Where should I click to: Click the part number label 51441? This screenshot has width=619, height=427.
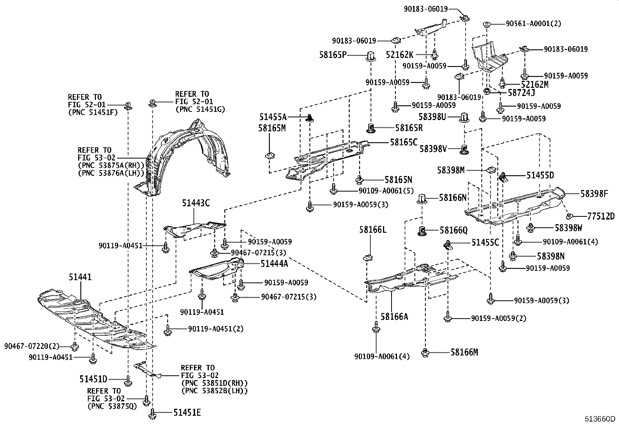pos(80,277)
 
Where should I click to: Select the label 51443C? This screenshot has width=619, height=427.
pos(196,203)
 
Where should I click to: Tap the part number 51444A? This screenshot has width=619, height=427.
pos(274,264)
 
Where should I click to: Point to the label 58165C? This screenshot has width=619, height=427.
pos(404,143)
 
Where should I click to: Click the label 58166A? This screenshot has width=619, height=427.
pos(394,317)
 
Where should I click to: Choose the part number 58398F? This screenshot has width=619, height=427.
pos(594,193)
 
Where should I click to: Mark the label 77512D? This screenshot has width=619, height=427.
pos(601,216)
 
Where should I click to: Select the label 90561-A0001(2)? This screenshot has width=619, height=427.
pos(533,24)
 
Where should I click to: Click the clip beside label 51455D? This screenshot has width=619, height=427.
pos(503,177)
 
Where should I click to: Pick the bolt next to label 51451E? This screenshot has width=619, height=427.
pos(152,413)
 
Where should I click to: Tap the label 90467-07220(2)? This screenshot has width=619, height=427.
pos(32,346)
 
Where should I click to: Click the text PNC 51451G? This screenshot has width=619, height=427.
pos(200,109)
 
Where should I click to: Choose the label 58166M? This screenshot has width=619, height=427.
pos(464,352)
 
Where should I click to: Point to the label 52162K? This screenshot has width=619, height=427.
pos(400,55)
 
